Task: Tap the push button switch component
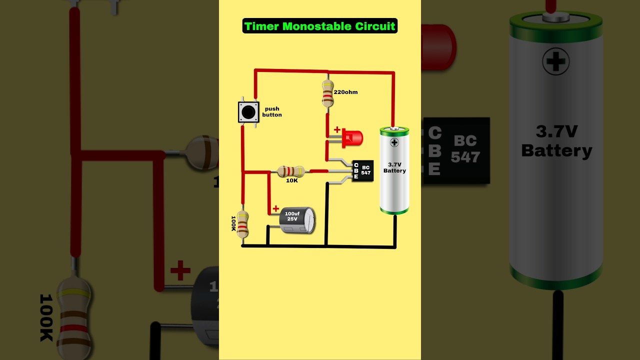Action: (x=248, y=112)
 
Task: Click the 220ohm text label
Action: (x=345, y=92)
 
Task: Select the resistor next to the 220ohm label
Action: (x=327, y=93)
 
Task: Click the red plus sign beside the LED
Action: (x=337, y=130)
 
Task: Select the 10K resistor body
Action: (x=291, y=171)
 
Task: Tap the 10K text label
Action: (x=292, y=180)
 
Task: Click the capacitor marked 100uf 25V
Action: (x=297, y=220)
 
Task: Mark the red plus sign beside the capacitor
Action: (x=275, y=208)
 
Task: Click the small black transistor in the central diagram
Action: (x=362, y=170)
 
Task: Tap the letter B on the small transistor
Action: (x=356, y=170)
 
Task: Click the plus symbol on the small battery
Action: (x=394, y=142)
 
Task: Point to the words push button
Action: (x=272, y=112)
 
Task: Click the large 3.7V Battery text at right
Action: (x=556, y=141)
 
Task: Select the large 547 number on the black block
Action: (x=465, y=157)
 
